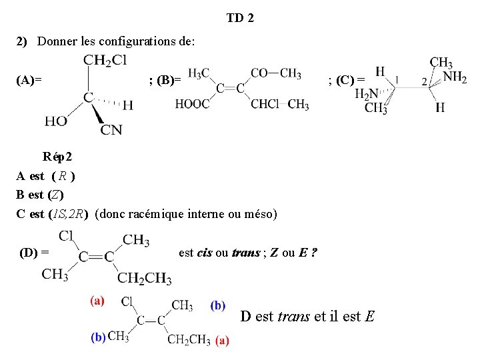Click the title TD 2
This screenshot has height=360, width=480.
(x=240, y=18)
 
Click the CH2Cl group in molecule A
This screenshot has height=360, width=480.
(x=105, y=61)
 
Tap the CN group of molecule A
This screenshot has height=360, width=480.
(x=111, y=130)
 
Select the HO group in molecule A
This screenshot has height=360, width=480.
(x=56, y=121)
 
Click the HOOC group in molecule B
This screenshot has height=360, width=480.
(x=192, y=103)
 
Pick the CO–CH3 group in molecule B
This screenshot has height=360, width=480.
(x=275, y=73)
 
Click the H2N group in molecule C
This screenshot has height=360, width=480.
(x=367, y=94)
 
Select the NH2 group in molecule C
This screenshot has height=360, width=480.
(x=455, y=77)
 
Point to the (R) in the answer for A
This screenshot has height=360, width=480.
(x=63, y=176)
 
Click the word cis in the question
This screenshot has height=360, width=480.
(x=205, y=253)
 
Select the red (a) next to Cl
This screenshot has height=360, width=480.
(x=97, y=301)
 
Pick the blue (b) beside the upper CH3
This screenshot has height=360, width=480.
(x=218, y=305)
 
